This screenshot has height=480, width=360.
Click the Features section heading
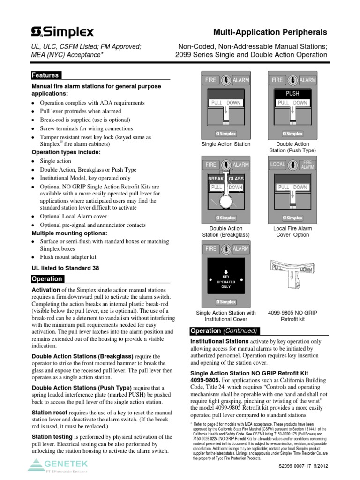pyautogui.click(x=45, y=75)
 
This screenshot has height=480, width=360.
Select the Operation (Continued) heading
pyautogui.click(x=223, y=330)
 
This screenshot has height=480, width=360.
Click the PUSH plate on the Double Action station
pyautogui.click(x=292, y=93)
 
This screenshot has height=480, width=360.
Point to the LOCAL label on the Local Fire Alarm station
pyautogui.click(x=277, y=165)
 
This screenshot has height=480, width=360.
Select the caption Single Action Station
pyautogui.click(x=226, y=144)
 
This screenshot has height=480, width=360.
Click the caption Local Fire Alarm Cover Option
pyautogui.click(x=292, y=232)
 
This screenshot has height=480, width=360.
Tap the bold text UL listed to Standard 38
pyautogui.click(x=65, y=268)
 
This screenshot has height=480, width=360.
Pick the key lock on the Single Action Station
pyautogui.click(x=226, y=80)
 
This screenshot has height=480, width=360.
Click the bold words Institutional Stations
pyautogui.click(x=219, y=342)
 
